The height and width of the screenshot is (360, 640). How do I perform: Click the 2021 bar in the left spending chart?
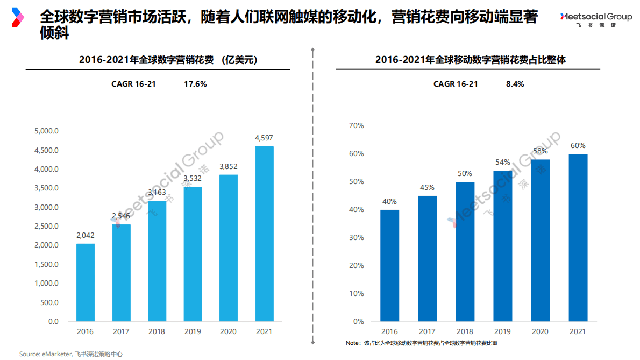[264, 234]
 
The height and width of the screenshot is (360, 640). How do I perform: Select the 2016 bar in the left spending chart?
[86, 283]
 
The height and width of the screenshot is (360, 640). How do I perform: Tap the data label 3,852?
[228, 166]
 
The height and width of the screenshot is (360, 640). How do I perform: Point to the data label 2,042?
[86, 235]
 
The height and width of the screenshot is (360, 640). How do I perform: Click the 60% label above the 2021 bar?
[578, 145]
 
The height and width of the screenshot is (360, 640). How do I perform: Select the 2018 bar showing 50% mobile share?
[465, 252]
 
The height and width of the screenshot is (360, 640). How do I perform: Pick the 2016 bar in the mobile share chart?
[389, 266]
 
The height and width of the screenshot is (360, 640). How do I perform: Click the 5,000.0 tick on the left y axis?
[46, 131]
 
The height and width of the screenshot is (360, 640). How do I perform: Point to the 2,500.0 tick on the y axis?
[46, 226]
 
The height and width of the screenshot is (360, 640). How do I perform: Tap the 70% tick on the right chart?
[357, 125]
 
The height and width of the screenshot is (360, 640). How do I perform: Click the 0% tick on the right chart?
[358, 321]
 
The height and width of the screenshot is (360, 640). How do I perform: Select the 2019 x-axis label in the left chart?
[193, 332]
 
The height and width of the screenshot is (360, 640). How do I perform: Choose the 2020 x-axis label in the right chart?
[541, 332]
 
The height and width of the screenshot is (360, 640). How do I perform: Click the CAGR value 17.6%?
[195, 84]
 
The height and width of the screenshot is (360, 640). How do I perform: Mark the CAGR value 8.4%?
[515, 84]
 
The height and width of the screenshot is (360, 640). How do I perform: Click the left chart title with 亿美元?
[168, 60]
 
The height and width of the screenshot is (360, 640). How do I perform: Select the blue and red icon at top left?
[18, 17]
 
